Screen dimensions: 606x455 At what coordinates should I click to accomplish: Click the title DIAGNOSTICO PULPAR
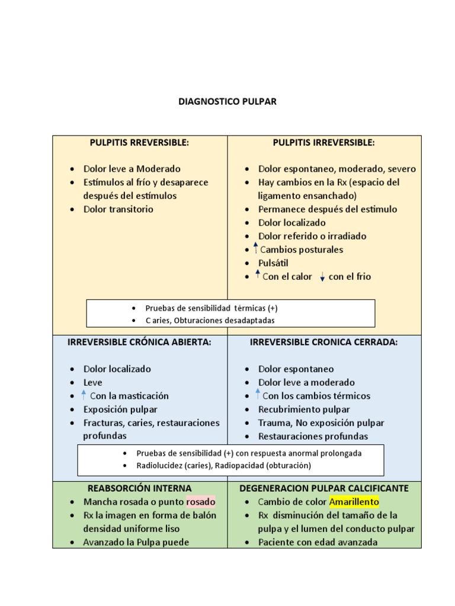227,102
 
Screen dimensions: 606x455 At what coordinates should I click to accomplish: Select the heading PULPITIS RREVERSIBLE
139,143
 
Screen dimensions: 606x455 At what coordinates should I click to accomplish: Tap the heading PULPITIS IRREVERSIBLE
323,143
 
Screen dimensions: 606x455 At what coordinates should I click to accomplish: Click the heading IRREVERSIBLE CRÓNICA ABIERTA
139,342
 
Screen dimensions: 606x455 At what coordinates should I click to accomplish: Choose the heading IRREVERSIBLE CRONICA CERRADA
323,342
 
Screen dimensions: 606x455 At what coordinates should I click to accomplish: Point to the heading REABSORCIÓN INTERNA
139,488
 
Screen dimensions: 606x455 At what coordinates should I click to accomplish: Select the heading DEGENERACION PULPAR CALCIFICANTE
323,488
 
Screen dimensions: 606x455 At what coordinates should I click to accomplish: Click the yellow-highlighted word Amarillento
354,502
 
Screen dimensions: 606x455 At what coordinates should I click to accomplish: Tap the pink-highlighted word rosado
201,502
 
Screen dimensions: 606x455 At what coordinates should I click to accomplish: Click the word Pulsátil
273,263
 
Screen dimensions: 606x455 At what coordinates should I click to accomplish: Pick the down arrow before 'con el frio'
322,277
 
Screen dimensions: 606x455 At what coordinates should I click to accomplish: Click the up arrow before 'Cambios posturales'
255,248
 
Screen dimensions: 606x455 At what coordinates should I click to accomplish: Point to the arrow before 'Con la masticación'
84,395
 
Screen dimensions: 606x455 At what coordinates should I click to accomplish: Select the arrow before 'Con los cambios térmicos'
258,395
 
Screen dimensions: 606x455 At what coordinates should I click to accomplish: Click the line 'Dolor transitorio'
118,209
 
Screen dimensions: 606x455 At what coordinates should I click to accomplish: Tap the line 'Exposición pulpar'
120,410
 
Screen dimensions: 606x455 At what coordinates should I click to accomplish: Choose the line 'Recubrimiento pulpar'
304,410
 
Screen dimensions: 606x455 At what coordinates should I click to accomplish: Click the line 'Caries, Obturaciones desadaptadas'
210,320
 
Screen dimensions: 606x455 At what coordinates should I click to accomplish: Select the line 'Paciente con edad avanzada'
318,542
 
